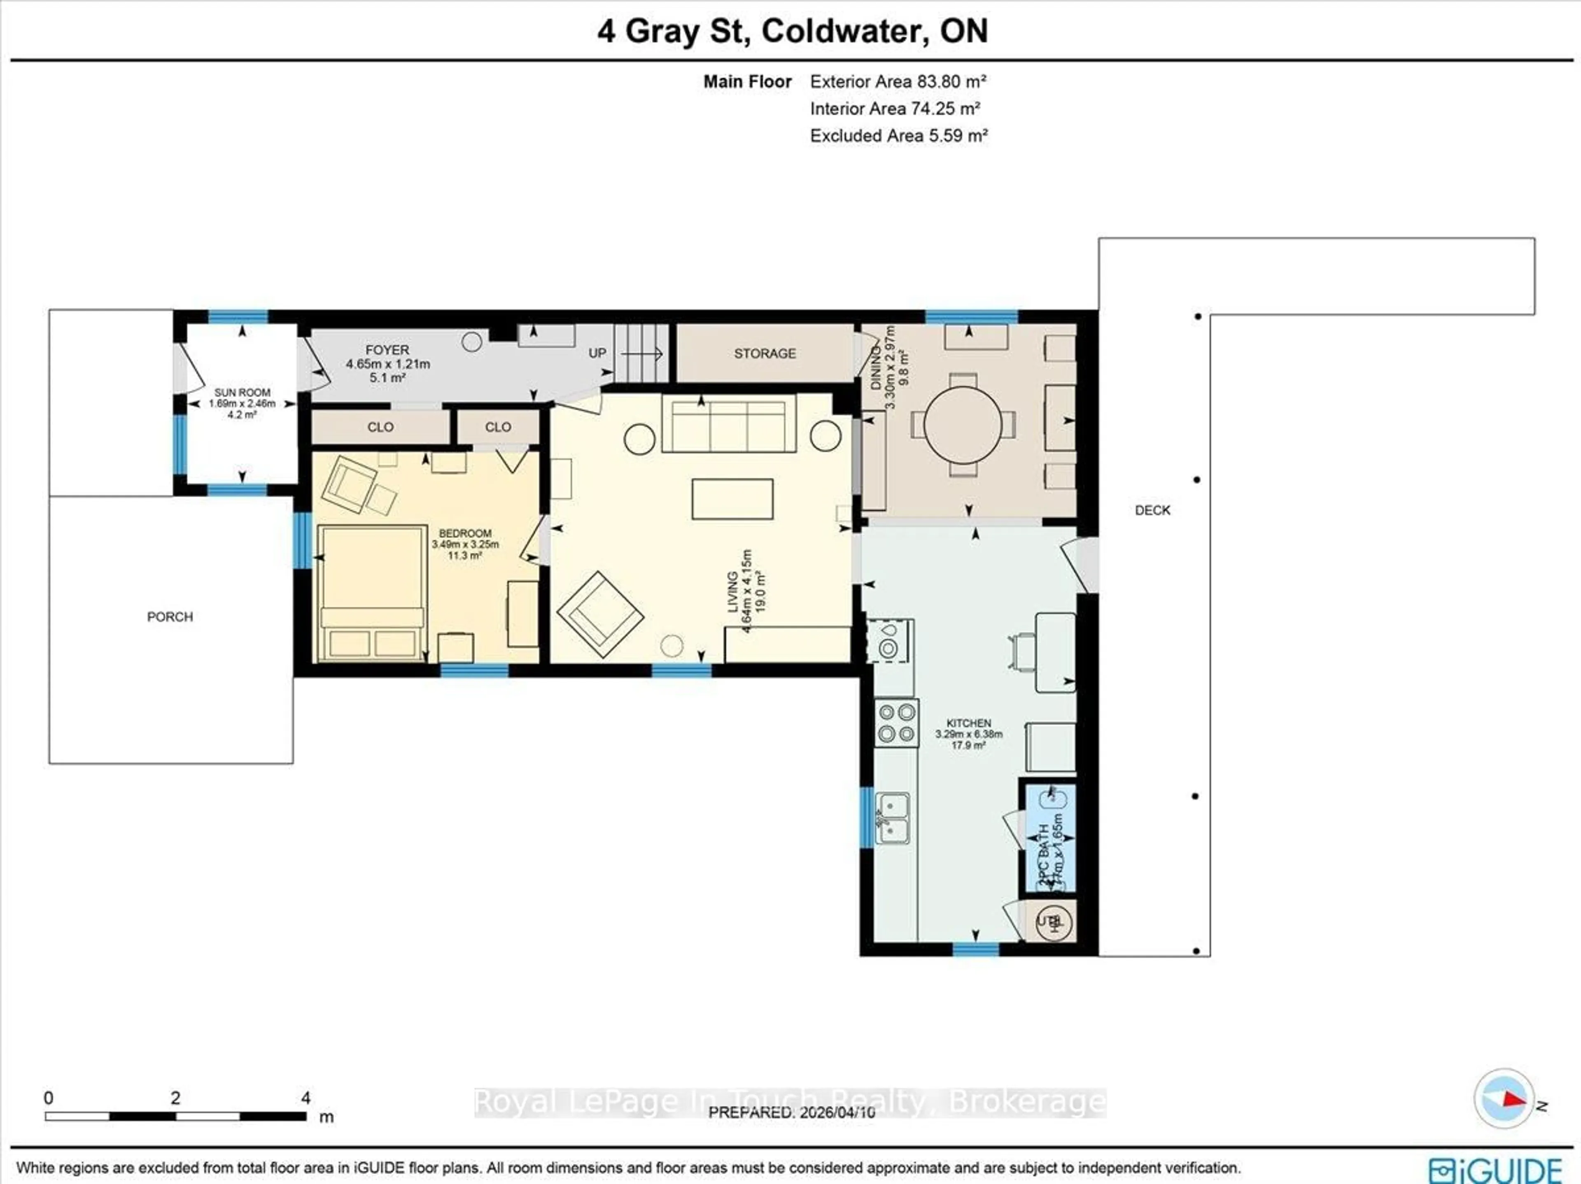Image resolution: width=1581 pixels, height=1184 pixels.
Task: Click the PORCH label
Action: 170,616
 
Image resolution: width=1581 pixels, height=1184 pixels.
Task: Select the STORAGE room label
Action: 764,354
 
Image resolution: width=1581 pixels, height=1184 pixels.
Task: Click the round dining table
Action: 962,425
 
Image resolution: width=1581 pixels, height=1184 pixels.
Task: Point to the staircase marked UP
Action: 641,354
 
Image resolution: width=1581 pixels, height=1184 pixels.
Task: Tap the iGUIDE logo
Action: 1495,1169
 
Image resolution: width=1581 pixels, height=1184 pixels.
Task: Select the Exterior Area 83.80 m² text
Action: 898,81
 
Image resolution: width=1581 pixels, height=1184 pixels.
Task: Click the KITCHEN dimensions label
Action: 968,734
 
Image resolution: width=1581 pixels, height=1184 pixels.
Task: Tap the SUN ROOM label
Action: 242,403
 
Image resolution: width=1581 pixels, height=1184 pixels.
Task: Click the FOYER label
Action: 387,363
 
